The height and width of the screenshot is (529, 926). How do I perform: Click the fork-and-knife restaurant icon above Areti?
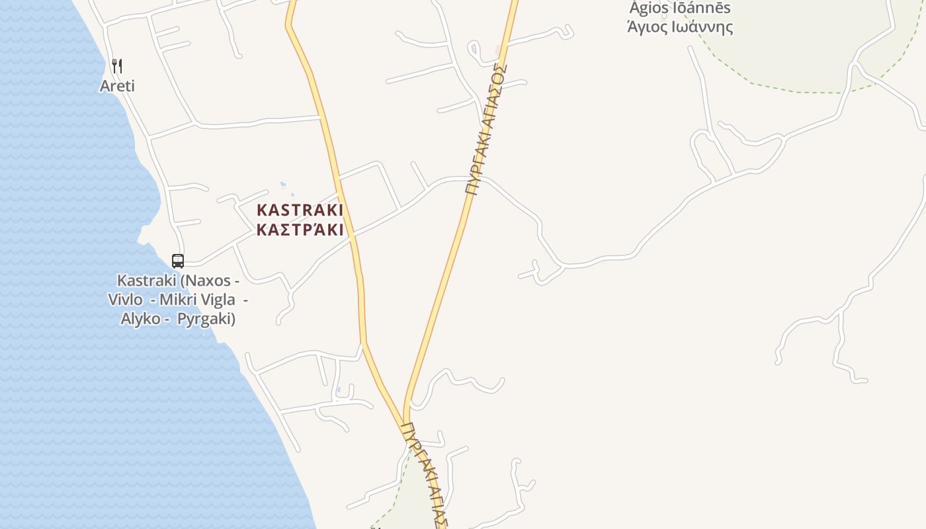pos(117,65)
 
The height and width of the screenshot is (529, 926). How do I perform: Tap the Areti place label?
pos(117,86)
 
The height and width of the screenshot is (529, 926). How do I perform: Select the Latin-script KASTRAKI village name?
pos(300,210)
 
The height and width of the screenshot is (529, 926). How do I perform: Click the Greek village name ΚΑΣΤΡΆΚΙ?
pos(300,230)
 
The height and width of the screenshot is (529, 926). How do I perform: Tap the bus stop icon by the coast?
pos(177,261)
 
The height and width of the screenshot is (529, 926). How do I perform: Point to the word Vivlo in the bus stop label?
pos(125,300)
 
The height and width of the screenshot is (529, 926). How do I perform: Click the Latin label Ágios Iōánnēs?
pos(680,8)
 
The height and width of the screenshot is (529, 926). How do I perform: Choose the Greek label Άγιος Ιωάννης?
pos(680,27)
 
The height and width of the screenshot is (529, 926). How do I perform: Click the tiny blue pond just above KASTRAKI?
pos(283,184)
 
